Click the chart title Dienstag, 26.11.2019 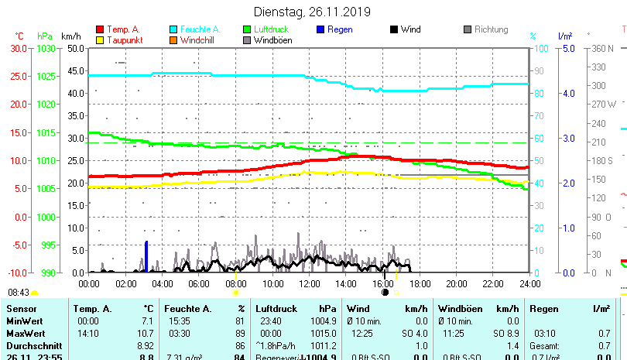pos(313,12)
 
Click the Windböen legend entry pos(272,40)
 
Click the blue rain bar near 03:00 pos(146,256)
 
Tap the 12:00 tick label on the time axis pos(309,283)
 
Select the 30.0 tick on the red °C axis pos(19,48)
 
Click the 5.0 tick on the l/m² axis pos(567,48)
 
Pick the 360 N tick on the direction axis pos(601,48)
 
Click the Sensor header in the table pos(21,309)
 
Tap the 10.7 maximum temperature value pos(146,334)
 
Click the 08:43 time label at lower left pos(18,293)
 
